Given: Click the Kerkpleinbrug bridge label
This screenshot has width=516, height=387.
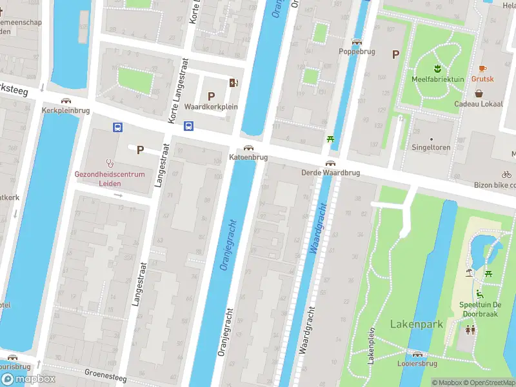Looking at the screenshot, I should click(65, 110).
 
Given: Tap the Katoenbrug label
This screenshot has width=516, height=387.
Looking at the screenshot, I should click(248, 157).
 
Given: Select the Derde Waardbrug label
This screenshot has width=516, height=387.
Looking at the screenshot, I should click(330, 173).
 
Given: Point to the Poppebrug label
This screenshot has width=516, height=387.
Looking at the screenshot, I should click(358, 51).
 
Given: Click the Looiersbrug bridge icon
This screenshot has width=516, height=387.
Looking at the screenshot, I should click(418, 354).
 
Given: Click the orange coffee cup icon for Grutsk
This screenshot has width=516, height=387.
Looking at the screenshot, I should click(482, 68).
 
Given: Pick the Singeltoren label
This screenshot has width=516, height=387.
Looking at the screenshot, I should click(432, 147).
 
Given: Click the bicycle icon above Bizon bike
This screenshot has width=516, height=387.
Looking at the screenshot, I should click(506, 174).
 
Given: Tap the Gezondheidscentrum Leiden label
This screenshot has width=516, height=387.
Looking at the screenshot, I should click(110, 179).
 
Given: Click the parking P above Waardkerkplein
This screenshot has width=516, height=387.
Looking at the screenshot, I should click(211, 95).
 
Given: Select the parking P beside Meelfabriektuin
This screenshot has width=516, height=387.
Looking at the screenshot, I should click(395, 55).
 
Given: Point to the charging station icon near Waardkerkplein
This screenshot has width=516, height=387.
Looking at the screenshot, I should click(233, 82).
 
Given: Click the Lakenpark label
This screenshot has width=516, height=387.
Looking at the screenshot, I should click(416, 324).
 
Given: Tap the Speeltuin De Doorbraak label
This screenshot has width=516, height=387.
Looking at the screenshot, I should click(480, 308).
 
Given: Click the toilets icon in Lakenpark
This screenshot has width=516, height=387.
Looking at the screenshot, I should click(471, 330).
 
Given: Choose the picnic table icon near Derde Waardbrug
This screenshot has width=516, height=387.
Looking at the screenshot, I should click(330, 139).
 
